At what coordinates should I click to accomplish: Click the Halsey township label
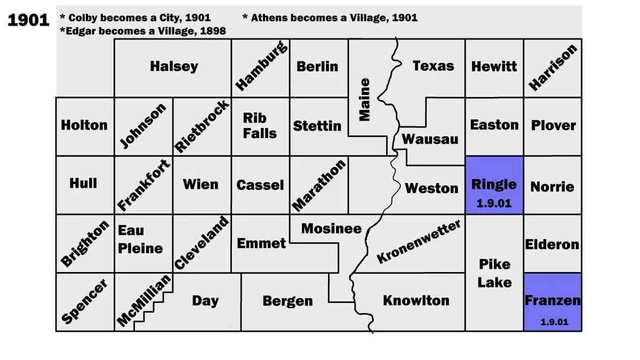[x=174, y=67]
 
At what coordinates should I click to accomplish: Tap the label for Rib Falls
[x=260, y=125]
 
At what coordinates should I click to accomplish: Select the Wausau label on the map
[x=430, y=139]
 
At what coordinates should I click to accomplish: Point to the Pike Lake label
[x=494, y=273]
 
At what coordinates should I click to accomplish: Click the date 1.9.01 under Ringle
[x=494, y=204]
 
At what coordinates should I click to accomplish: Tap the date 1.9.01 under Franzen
[x=554, y=322]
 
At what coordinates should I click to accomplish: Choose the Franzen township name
[x=553, y=300]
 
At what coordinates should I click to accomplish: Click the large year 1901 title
[x=28, y=20]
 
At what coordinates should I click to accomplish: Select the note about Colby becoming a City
[x=135, y=18]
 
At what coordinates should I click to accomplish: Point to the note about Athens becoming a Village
[x=330, y=18]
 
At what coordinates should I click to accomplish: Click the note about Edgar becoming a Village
[x=143, y=31]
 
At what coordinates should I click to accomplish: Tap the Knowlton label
[x=416, y=300]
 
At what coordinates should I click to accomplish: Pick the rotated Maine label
[x=365, y=100]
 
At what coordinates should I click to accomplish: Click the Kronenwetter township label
[x=419, y=242]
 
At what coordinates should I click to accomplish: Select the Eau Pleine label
[x=140, y=239]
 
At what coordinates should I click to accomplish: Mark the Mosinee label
[x=331, y=229]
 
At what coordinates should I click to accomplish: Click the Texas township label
[x=433, y=66]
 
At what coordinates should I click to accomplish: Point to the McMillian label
[x=145, y=300]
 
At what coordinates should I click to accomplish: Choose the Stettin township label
[x=317, y=126]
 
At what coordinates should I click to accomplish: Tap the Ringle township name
[x=494, y=185]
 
